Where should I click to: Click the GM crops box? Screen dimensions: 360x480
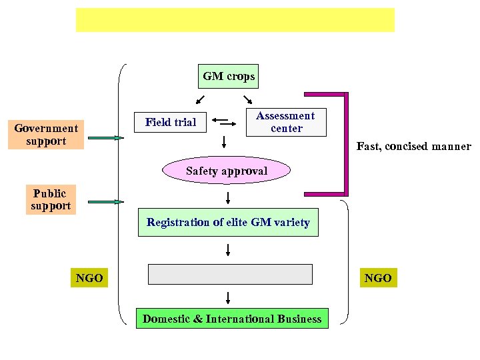pyautogui.click(x=229, y=76)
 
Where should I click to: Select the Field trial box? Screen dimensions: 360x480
pyautogui.click(x=171, y=122)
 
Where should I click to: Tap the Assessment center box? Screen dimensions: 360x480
pyautogui.click(x=286, y=122)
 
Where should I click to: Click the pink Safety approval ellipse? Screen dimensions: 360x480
pyautogui.click(x=227, y=171)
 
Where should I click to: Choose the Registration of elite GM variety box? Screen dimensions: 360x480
pyautogui.click(x=228, y=223)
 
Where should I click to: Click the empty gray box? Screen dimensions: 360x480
pyautogui.click(x=230, y=274)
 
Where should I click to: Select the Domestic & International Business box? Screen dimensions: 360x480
pyautogui.click(x=232, y=319)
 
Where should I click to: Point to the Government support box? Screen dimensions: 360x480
pyautogui.click(x=46, y=134)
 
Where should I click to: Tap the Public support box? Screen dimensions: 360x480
pyautogui.click(x=51, y=200)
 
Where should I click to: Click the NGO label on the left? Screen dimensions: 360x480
pyautogui.click(x=89, y=278)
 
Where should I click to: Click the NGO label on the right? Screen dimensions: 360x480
pyautogui.click(x=378, y=278)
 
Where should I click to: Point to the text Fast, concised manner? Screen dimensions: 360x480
pyautogui.click(x=413, y=146)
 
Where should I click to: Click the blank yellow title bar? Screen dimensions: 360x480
pyautogui.click(x=235, y=20)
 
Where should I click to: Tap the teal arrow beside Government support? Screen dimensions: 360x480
pyautogui.click(x=106, y=138)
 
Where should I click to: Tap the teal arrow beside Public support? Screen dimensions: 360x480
pyautogui.click(x=106, y=201)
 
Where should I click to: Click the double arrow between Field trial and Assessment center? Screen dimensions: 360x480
pyautogui.click(x=225, y=122)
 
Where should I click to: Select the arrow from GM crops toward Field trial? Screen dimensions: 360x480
pyautogui.click(x=200, y=100)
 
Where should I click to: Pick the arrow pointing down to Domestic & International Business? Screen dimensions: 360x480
pyautogui.click(x=229, y=297)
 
